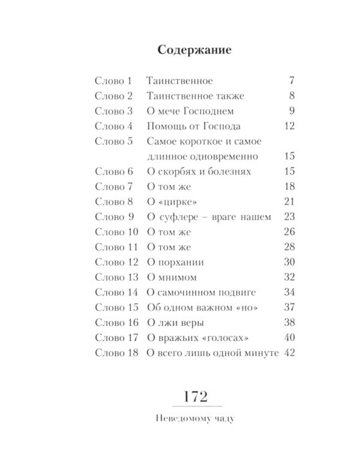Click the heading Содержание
click(x=194, y=49)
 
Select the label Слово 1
click(x=113, y=80)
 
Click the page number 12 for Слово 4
click(x=289, y=126)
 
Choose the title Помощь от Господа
click(x=194, y=126)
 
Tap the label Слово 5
click(x=113, y=142)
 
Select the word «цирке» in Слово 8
click(x=181, y=202)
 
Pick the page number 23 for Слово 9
click(x=289, y=217)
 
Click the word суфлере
click(x=178, y=217)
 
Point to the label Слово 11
click(x=116, y=247)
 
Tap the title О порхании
click(x=175, y=262)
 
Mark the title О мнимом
click(x=172, y=277)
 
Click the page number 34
click(x=289, y=292)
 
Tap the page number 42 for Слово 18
click(x=289, y=353)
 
